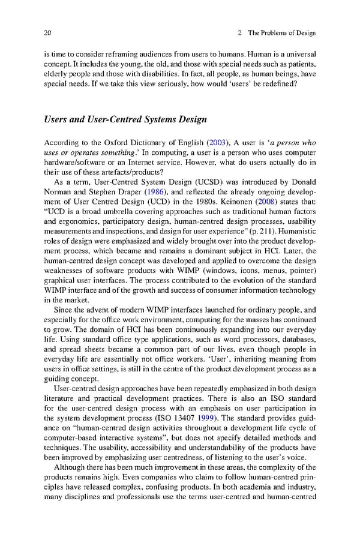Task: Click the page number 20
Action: [x=48, y=32]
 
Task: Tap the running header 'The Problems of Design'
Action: [x=282, y=32]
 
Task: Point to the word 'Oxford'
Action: [x=100, y=143]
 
